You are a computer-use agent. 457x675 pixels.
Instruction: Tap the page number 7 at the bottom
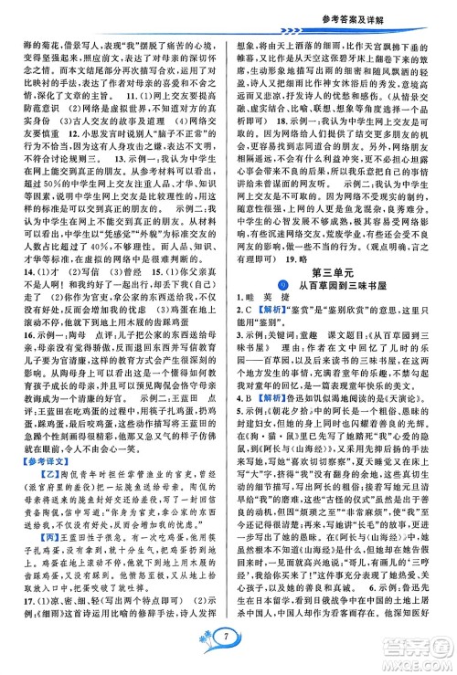pyautogui.click(x=228, y=656)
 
